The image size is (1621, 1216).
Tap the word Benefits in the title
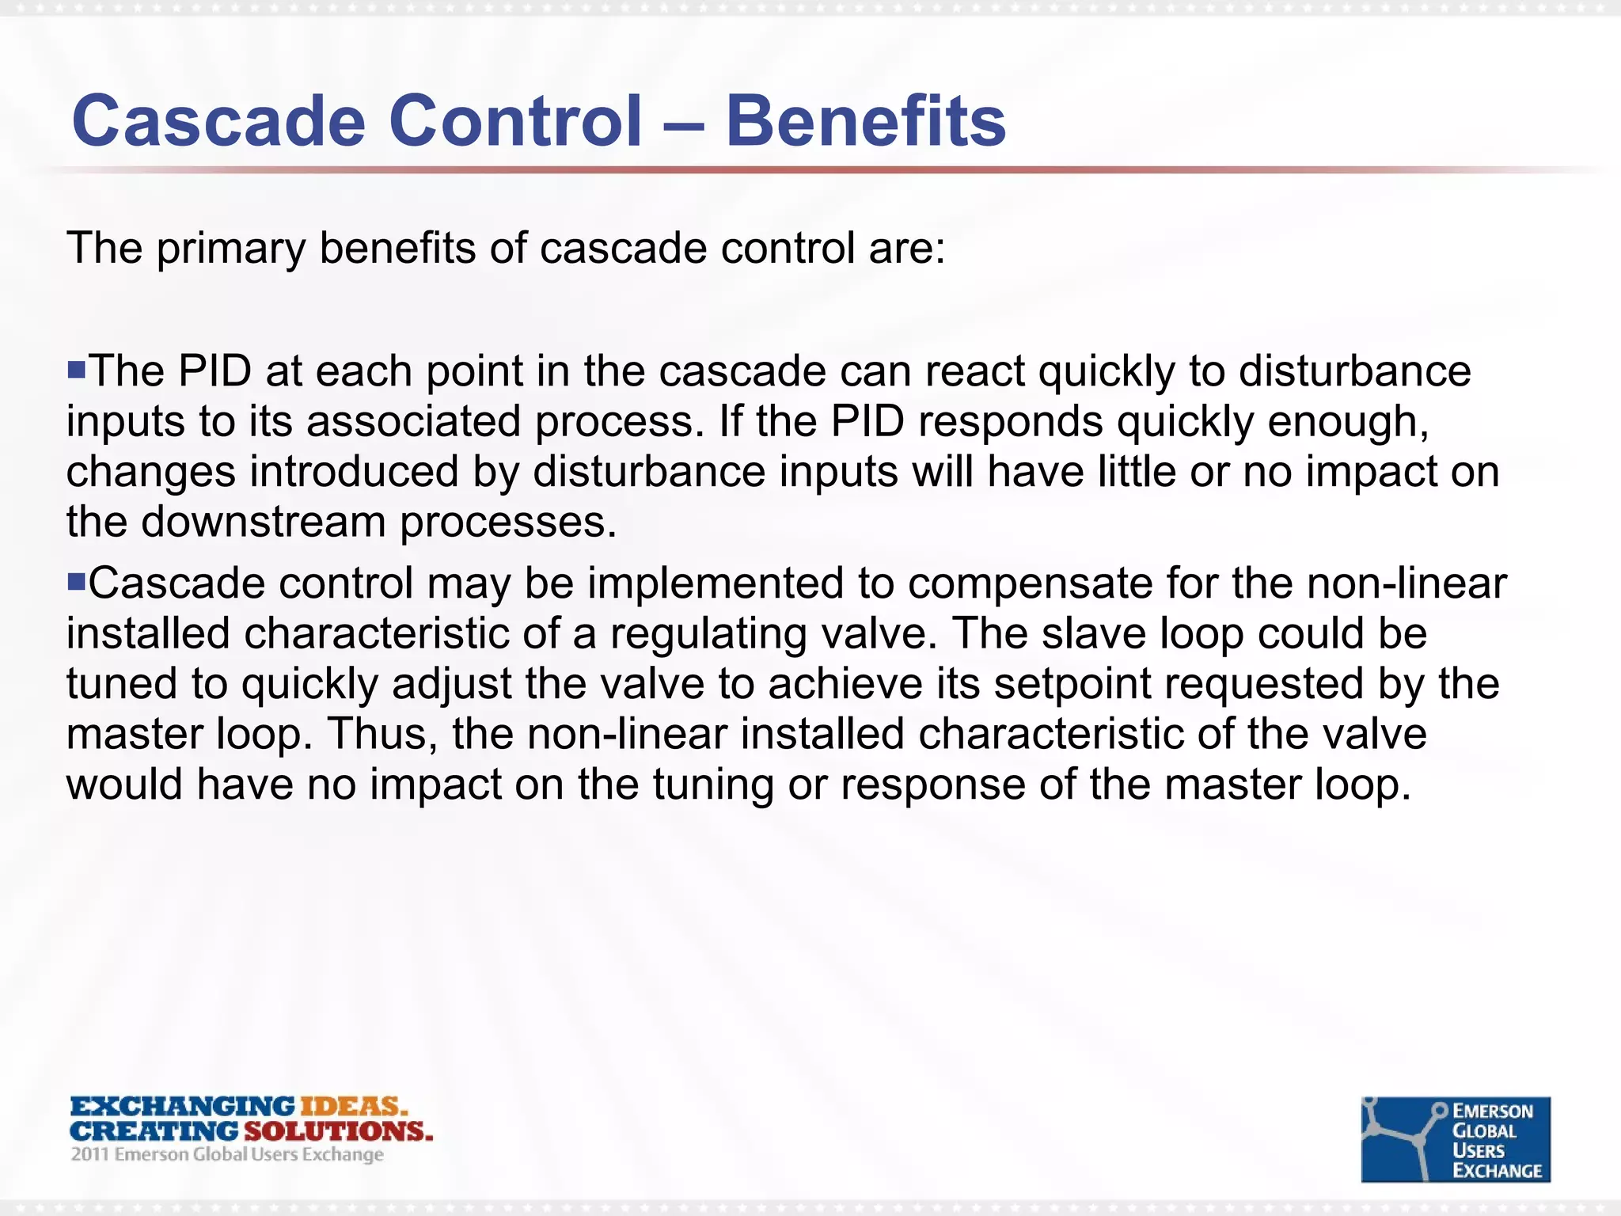(865, 121)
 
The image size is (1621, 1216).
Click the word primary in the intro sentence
(230, 249)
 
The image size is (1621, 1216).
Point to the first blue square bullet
(76, 369)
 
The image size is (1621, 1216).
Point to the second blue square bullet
(76, 583)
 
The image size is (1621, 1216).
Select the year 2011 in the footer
(89, 1154)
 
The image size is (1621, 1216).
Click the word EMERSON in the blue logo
(1493, 1111)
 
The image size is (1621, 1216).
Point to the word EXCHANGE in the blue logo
(1497, 1171)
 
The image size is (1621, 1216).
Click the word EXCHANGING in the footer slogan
(183, 1106)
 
